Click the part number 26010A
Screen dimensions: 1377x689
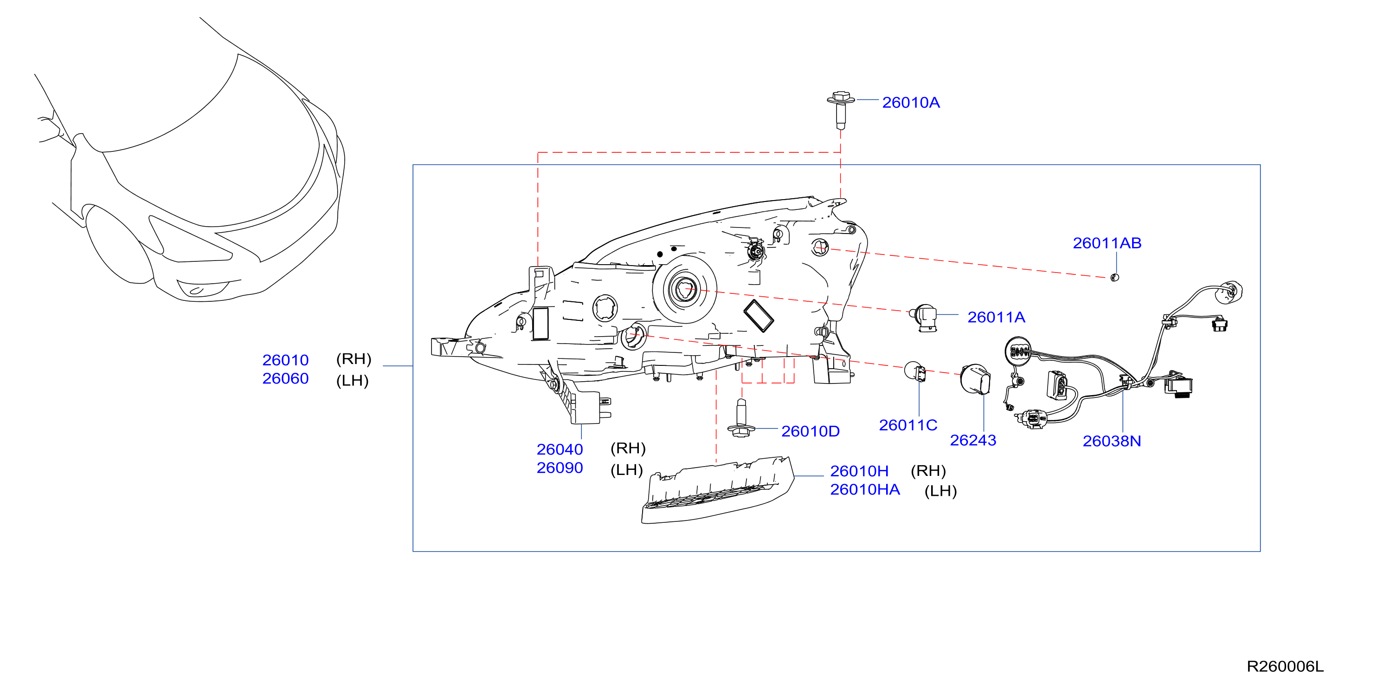tap(910, 102)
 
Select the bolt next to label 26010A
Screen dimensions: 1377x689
tap(840, 110)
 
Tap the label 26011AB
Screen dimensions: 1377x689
tap(1107, 243)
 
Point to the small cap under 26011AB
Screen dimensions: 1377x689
tap(1114, 277)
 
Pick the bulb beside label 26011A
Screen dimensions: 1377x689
tap(924, 317)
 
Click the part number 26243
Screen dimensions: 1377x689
tap(973, 440)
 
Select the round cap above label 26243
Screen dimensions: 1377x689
tap(975, 379)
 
